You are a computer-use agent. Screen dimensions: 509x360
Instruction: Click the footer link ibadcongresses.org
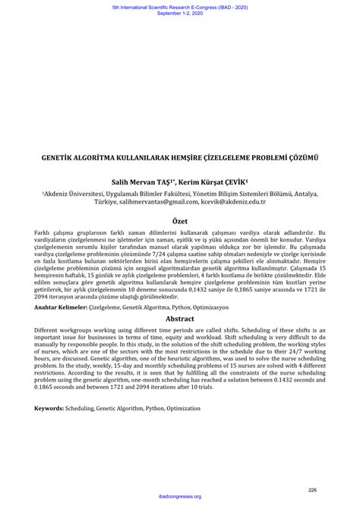tap(180, 497)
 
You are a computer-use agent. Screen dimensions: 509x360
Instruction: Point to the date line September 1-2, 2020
tap(180, 13)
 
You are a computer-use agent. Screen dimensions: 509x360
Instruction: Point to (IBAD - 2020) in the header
tap(233, 6)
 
